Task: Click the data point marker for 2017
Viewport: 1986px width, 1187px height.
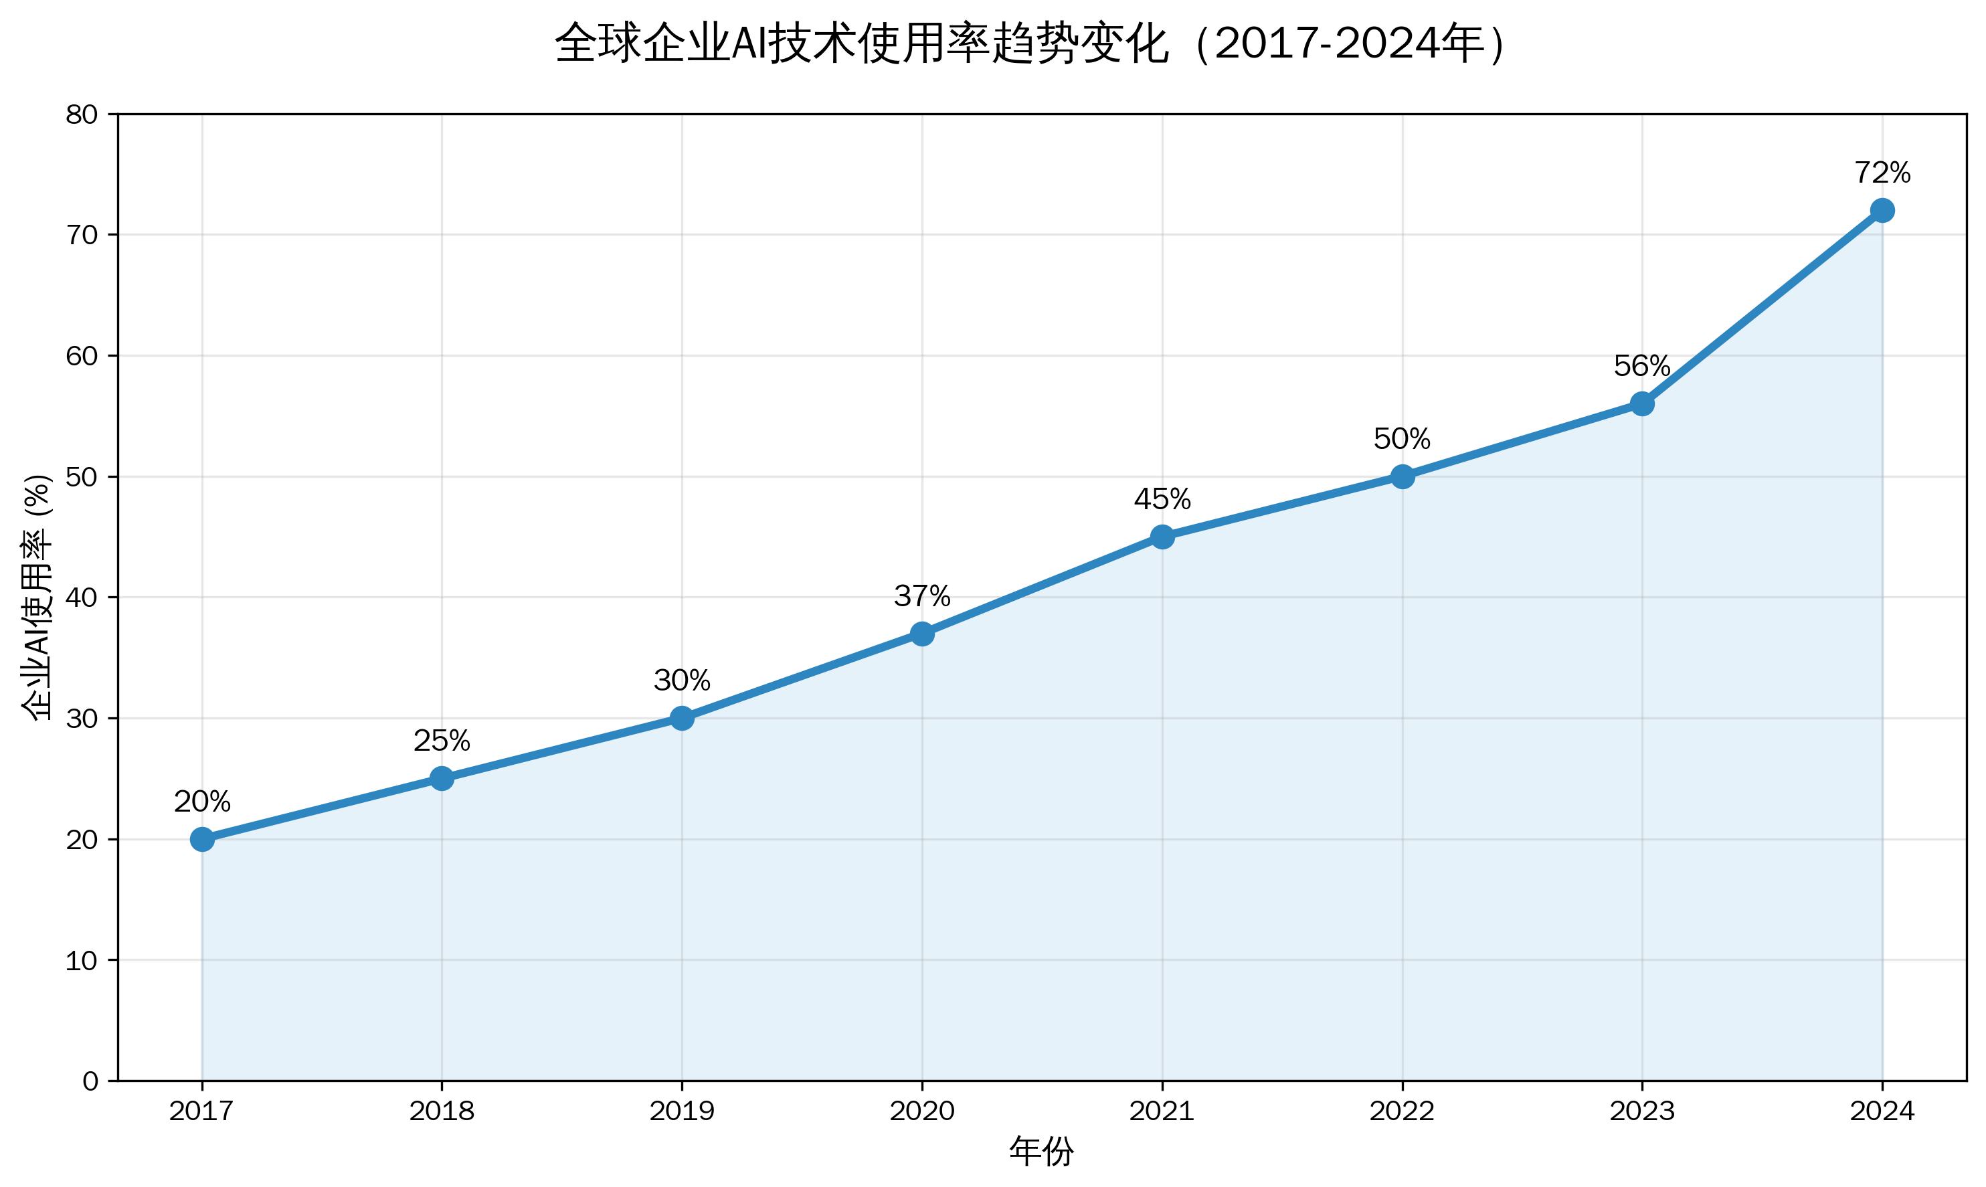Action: click(x=202, y=839)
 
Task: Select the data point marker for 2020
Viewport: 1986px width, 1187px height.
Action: click(x=922, y=634)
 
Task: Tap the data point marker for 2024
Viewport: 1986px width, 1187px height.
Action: click(x=1882, y=210)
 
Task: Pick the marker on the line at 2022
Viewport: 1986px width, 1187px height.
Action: click(x=1402, y=476)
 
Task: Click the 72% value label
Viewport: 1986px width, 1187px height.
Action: click(x=1882, y=172)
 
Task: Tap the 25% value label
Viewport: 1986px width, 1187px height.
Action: click(x=442, y=741)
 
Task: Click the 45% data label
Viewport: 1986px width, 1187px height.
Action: click(x=1162, y=499)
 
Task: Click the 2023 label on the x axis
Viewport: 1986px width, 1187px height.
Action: click(x=1642, y=1111)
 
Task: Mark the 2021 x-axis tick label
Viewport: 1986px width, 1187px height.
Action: click(x=1162, y=1111)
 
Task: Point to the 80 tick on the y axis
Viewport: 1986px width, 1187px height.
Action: click(x=82, y=114)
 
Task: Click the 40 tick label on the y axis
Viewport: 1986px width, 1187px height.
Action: click(x=82, y=598)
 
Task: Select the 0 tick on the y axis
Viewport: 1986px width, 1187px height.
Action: click(x=90, y=1081)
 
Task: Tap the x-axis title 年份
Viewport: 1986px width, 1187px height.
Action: click(x=1041, y=1152)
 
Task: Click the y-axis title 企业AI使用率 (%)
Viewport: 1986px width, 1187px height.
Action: click(x=37, y=597)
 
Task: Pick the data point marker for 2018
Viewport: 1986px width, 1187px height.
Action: click(x=442, y=778)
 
